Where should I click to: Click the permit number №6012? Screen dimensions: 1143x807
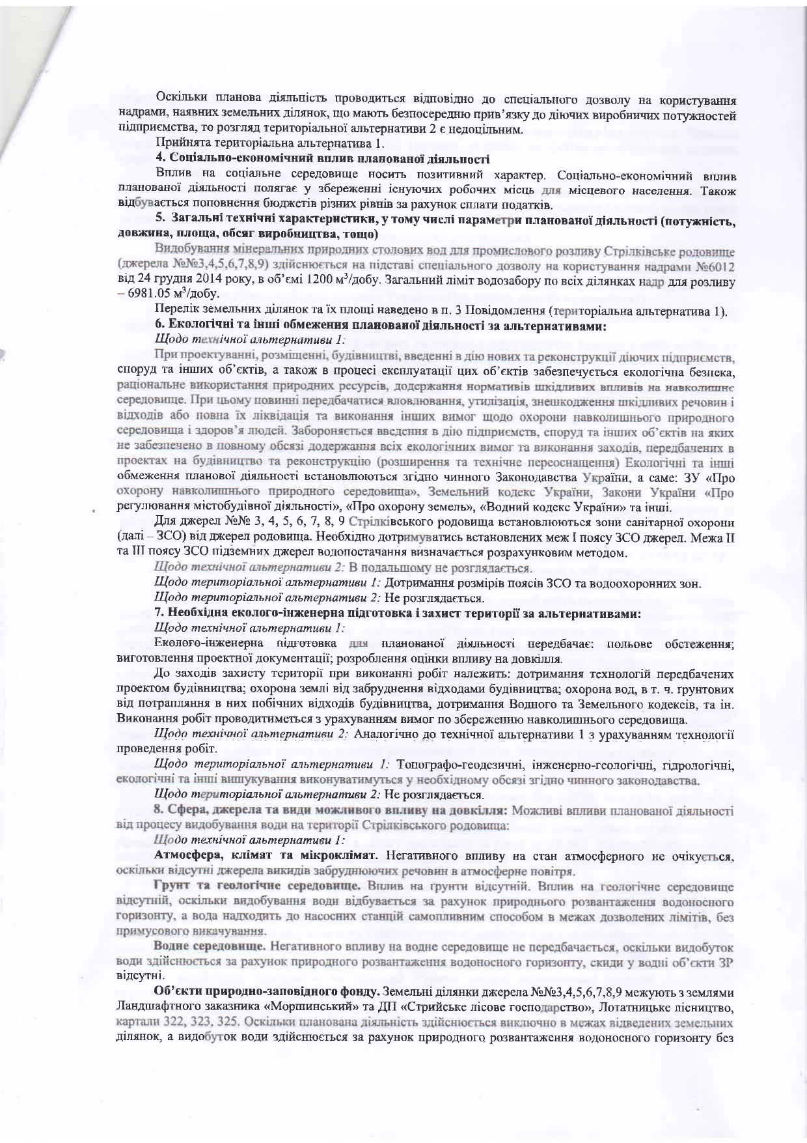717,270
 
